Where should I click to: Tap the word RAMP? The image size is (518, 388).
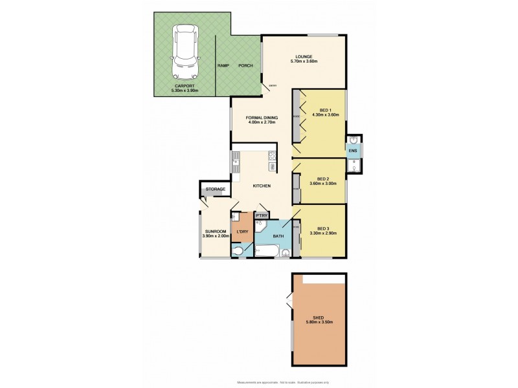point(223,66)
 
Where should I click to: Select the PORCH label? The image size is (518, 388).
point(245,66)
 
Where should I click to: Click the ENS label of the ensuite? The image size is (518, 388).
point(353,151)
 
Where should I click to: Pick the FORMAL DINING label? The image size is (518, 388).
point(262,117)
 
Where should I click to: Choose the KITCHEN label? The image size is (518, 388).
point(261,186)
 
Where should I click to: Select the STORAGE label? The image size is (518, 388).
point(216,189)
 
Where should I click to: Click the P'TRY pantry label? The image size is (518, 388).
point(262,215)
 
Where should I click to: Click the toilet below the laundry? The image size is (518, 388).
point(238,251)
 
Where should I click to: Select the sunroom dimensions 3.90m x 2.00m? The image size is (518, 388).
point(216,237)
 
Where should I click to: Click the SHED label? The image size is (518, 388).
point(317,318)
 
